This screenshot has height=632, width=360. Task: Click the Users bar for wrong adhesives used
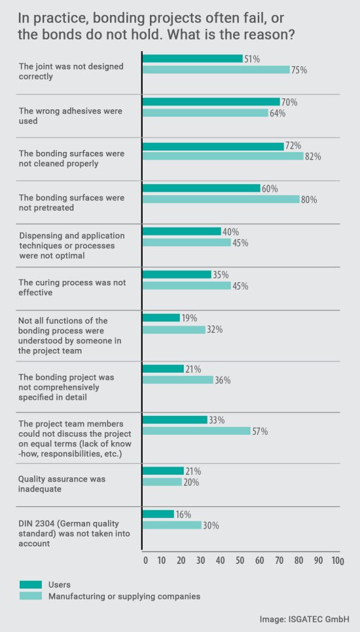pyautogui.click(x=211, y=102)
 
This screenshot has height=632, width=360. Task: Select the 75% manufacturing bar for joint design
pyautogui.click(x=216, y=69)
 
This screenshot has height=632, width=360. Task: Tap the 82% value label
pyautogui.click(x=313, y=157)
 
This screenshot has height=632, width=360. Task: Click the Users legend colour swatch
pyautogui.click(x=31, y=584)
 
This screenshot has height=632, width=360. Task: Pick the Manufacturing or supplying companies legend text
pyautogui.click(x=124, y=596)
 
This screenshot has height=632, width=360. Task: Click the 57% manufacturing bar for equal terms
pyautogui.click(x=196, y=431)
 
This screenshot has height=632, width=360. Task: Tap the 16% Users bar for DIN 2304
pyautogui.click(x=158, y=514)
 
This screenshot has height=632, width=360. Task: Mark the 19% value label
pyautogui.click(x=190, y=318)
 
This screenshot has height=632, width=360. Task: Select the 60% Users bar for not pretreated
pyautogui.click(x=201, y=189)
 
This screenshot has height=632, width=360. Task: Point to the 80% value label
pyautogui.click(x=309, y=200)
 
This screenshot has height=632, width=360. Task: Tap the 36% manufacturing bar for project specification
pyautogui.click(x=177, y=380)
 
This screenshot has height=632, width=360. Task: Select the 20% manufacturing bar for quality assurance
pyautogui.click(x=162, y=482)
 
